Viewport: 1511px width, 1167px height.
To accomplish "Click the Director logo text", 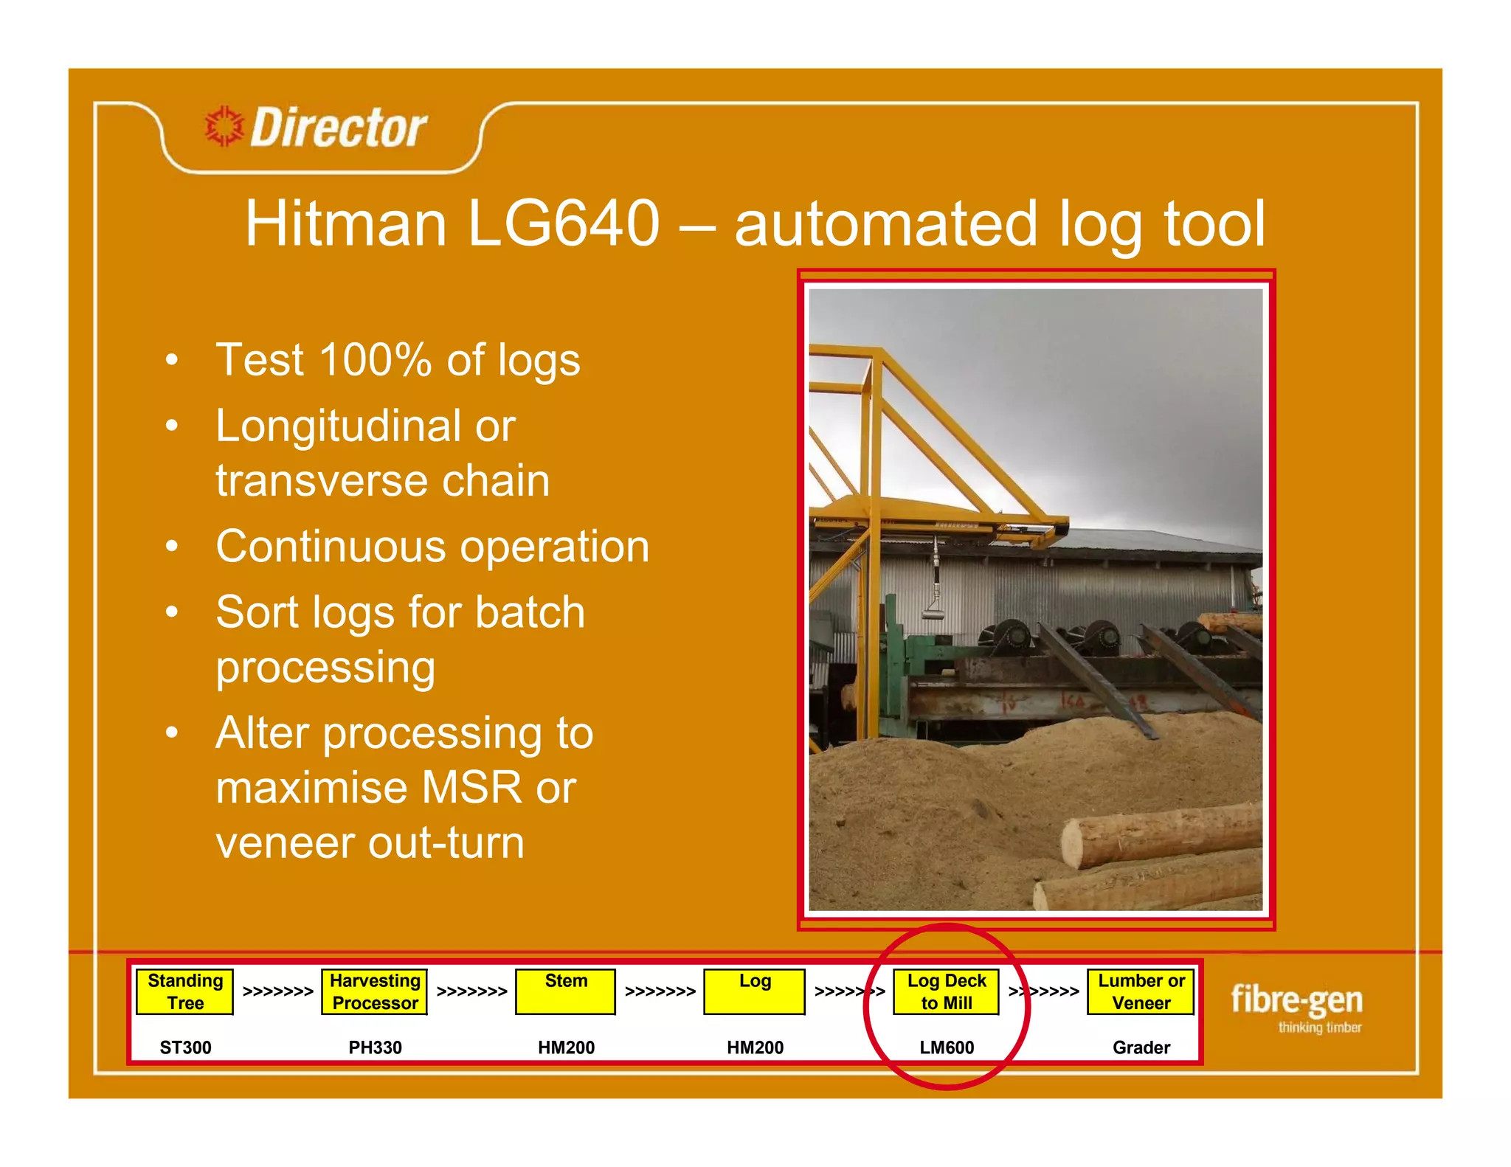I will (339, 128).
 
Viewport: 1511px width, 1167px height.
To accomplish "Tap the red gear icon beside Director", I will (224, 126).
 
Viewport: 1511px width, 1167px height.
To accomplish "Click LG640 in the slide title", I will (563, 224).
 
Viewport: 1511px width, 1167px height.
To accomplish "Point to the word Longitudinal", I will (336, 426).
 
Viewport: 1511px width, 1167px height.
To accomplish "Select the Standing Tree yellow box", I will (185, 991).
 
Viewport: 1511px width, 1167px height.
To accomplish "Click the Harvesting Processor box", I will (375, 991).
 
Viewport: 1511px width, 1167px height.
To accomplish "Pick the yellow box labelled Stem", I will (566, 991).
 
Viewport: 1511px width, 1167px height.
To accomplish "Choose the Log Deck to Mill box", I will (947, 991).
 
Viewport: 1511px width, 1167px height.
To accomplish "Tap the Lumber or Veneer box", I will (1141, 991).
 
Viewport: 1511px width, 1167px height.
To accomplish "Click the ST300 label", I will (185, 1047).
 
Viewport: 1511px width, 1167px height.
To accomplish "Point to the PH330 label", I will (375, 1047).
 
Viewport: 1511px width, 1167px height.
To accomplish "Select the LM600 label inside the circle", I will (947, 1047).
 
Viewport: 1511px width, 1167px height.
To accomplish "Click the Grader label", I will (1141, 1047).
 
